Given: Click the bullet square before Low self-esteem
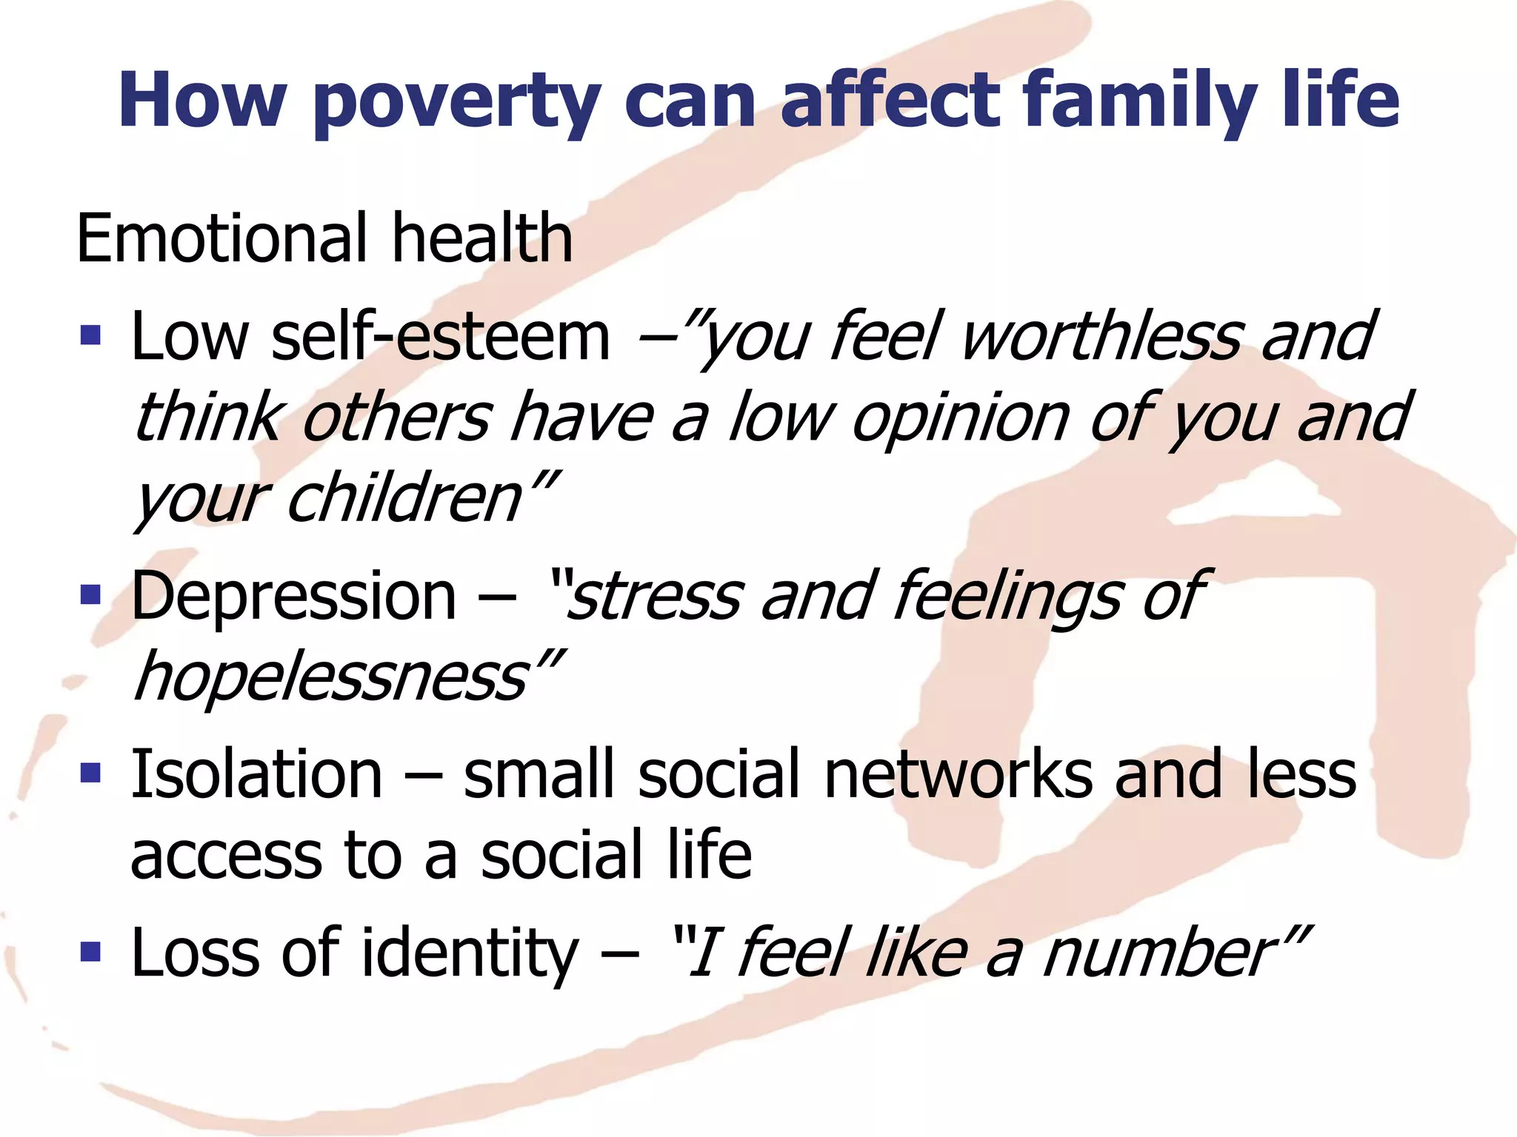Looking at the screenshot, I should (90, 336).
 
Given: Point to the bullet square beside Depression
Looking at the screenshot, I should (90, 594).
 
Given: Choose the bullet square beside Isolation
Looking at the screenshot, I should (90, 774).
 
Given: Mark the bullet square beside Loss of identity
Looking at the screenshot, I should (90, 951).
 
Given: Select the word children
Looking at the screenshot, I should (404, 498).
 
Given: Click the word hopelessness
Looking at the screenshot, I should (330, 677).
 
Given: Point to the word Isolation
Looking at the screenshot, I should (256, 774).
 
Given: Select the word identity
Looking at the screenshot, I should (469, 953).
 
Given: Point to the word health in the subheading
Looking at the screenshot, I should (482, 238).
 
